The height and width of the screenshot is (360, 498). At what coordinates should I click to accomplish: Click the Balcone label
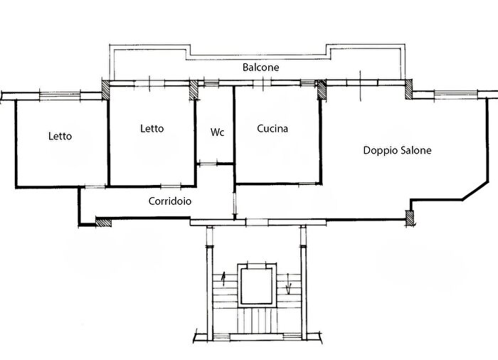tap(261, 68)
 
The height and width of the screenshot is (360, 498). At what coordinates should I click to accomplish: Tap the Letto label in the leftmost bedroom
tap(60, 137)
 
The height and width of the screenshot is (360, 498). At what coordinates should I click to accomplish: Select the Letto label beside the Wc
tap(152, 129)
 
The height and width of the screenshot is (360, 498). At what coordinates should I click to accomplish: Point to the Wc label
tap(217, 132)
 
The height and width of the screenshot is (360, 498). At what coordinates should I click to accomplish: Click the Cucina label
tap(272, 129)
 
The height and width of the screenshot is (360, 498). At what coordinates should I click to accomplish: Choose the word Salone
tap(416, 150)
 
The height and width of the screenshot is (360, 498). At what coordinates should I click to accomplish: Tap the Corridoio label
tap(170, 201)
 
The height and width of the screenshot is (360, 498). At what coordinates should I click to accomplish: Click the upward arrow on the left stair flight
tap(224, 279)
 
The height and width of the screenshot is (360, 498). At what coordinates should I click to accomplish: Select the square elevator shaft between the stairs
tap(256, 286)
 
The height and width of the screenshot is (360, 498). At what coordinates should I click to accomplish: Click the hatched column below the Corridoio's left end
tap(104, 222)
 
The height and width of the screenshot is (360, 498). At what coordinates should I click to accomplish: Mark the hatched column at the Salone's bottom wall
tap(409, 218)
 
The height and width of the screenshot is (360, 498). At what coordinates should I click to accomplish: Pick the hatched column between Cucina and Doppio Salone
tap(322, 90)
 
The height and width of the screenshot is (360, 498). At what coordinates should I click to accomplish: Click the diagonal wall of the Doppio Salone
tap(475, 191)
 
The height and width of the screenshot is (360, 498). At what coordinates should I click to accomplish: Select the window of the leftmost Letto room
tap(60, 95)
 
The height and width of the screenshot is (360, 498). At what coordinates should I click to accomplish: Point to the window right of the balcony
tap(456, 94)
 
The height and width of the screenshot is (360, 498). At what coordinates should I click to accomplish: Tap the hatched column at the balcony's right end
tap(408, 89)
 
